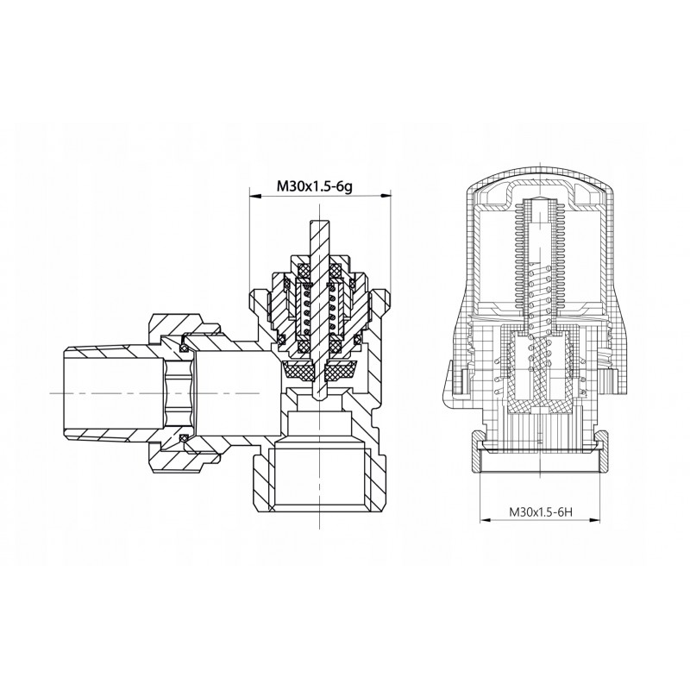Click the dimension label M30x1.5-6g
coord(314,186)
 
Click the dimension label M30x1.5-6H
coord(541,511)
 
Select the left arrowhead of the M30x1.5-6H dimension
coord(485,520)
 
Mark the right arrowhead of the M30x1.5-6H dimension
coord(595,520)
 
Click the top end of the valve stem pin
coord(318,221)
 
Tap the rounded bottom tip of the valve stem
coord(318,398)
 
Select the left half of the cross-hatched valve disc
coord(298,369)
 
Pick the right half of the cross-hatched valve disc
coord(341,369)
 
